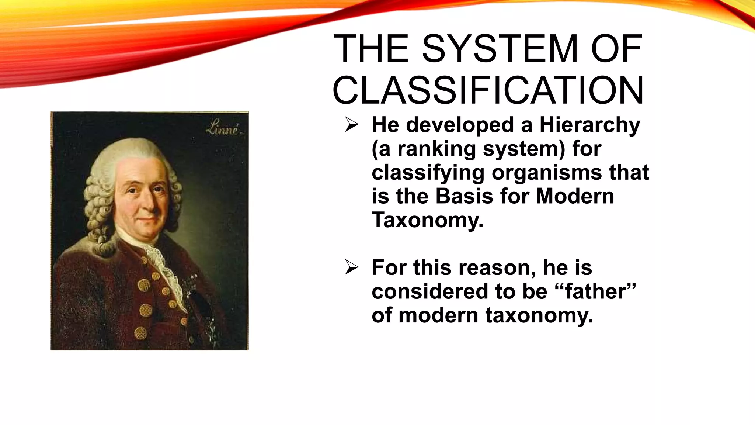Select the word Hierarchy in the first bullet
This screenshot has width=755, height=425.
(x=589, y=125)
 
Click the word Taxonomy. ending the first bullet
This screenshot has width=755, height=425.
(x=427, y=220)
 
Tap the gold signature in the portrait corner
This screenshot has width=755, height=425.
(x=223, y=129)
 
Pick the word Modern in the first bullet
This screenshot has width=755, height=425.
(x=575, y=196)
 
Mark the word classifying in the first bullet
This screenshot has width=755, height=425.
(x=428, y=172)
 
